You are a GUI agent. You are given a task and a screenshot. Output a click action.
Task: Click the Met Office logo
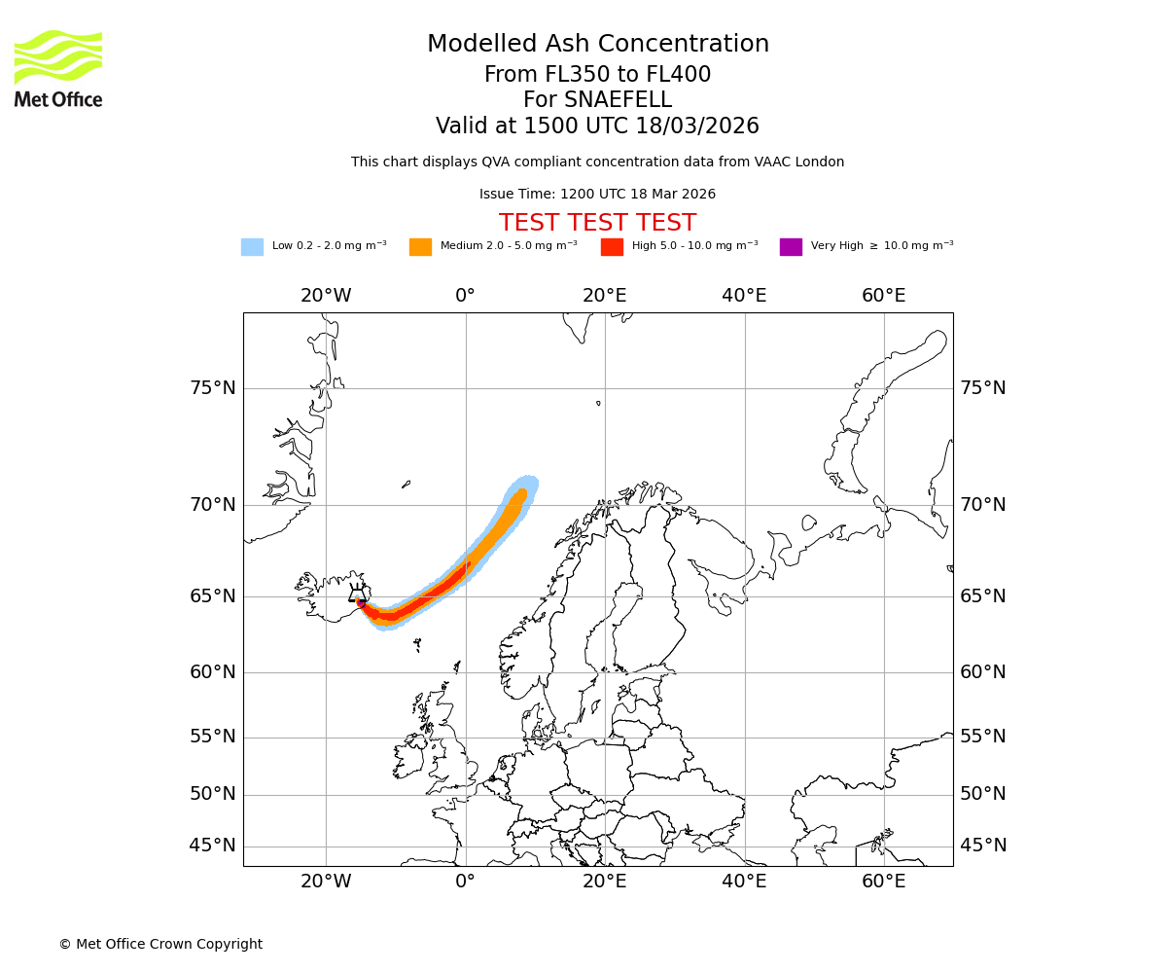(58, 68)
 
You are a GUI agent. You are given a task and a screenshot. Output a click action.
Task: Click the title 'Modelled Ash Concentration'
(598, 44)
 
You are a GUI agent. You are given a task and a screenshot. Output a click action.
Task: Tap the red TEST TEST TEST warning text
(597, 223)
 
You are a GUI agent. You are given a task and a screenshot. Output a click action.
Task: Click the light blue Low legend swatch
(252, 247)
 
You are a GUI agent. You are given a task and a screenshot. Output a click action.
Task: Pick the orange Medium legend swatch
(420, 247)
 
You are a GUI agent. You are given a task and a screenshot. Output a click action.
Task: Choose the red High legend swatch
(612, 247)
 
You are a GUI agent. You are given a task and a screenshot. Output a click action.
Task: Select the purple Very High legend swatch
(791, 247)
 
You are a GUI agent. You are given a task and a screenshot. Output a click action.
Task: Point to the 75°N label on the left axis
(212, 388)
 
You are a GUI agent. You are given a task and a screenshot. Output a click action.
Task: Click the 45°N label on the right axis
(983, 846)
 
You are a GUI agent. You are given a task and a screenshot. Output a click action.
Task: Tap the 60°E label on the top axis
(883, 296)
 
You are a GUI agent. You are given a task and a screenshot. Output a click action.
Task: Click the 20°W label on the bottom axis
(325, 882)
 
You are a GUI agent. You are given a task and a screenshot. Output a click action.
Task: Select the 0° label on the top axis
(465, 296)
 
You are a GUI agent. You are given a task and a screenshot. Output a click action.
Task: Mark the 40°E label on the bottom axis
(744, 882)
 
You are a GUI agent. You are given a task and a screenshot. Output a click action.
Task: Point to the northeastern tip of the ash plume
(530, 481)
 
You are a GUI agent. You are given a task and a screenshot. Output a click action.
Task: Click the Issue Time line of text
(597, 195)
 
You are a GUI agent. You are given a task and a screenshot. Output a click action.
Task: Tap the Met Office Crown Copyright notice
(160, 944)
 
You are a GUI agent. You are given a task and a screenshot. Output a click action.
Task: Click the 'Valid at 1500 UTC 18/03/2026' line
(597, 126)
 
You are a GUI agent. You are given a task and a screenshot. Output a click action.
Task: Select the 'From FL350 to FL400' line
(597, 75)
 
